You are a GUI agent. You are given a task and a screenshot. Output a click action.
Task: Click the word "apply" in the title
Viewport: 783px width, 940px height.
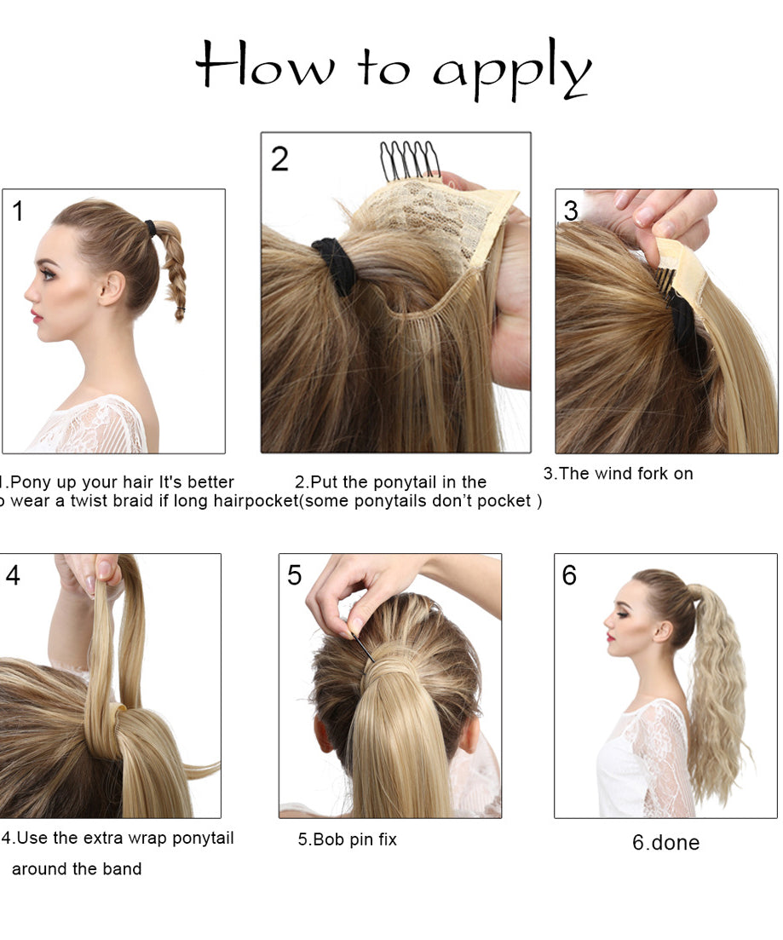(x=513, y=72)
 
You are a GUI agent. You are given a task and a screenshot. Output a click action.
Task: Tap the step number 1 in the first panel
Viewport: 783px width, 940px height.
(x=18, y=211)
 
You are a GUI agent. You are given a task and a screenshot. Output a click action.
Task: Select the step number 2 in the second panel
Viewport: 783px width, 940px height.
(x=279, y=159)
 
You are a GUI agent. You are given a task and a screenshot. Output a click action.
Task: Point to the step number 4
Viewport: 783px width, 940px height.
(x=13, y=575)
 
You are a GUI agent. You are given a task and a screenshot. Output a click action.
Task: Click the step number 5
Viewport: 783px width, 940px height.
(x=295, y=575)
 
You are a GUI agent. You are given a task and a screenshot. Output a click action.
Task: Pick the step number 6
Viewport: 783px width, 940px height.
(x=569, y=575)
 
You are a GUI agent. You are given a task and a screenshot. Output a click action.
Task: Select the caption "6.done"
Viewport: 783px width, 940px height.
(x=665, y=843)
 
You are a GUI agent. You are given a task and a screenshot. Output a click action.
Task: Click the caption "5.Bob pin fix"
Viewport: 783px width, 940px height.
(x=347, y=840)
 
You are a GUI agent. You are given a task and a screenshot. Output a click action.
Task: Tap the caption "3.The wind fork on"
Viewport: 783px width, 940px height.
(x=618, y=474)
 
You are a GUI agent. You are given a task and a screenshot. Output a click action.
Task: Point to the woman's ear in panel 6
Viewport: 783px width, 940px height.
(x=665, y=631)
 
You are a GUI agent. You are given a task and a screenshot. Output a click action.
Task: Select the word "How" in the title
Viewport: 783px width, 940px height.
(x=264, y=64)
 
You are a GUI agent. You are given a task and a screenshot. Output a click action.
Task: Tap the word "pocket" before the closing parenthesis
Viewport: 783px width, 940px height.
(x=504, y=501)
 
